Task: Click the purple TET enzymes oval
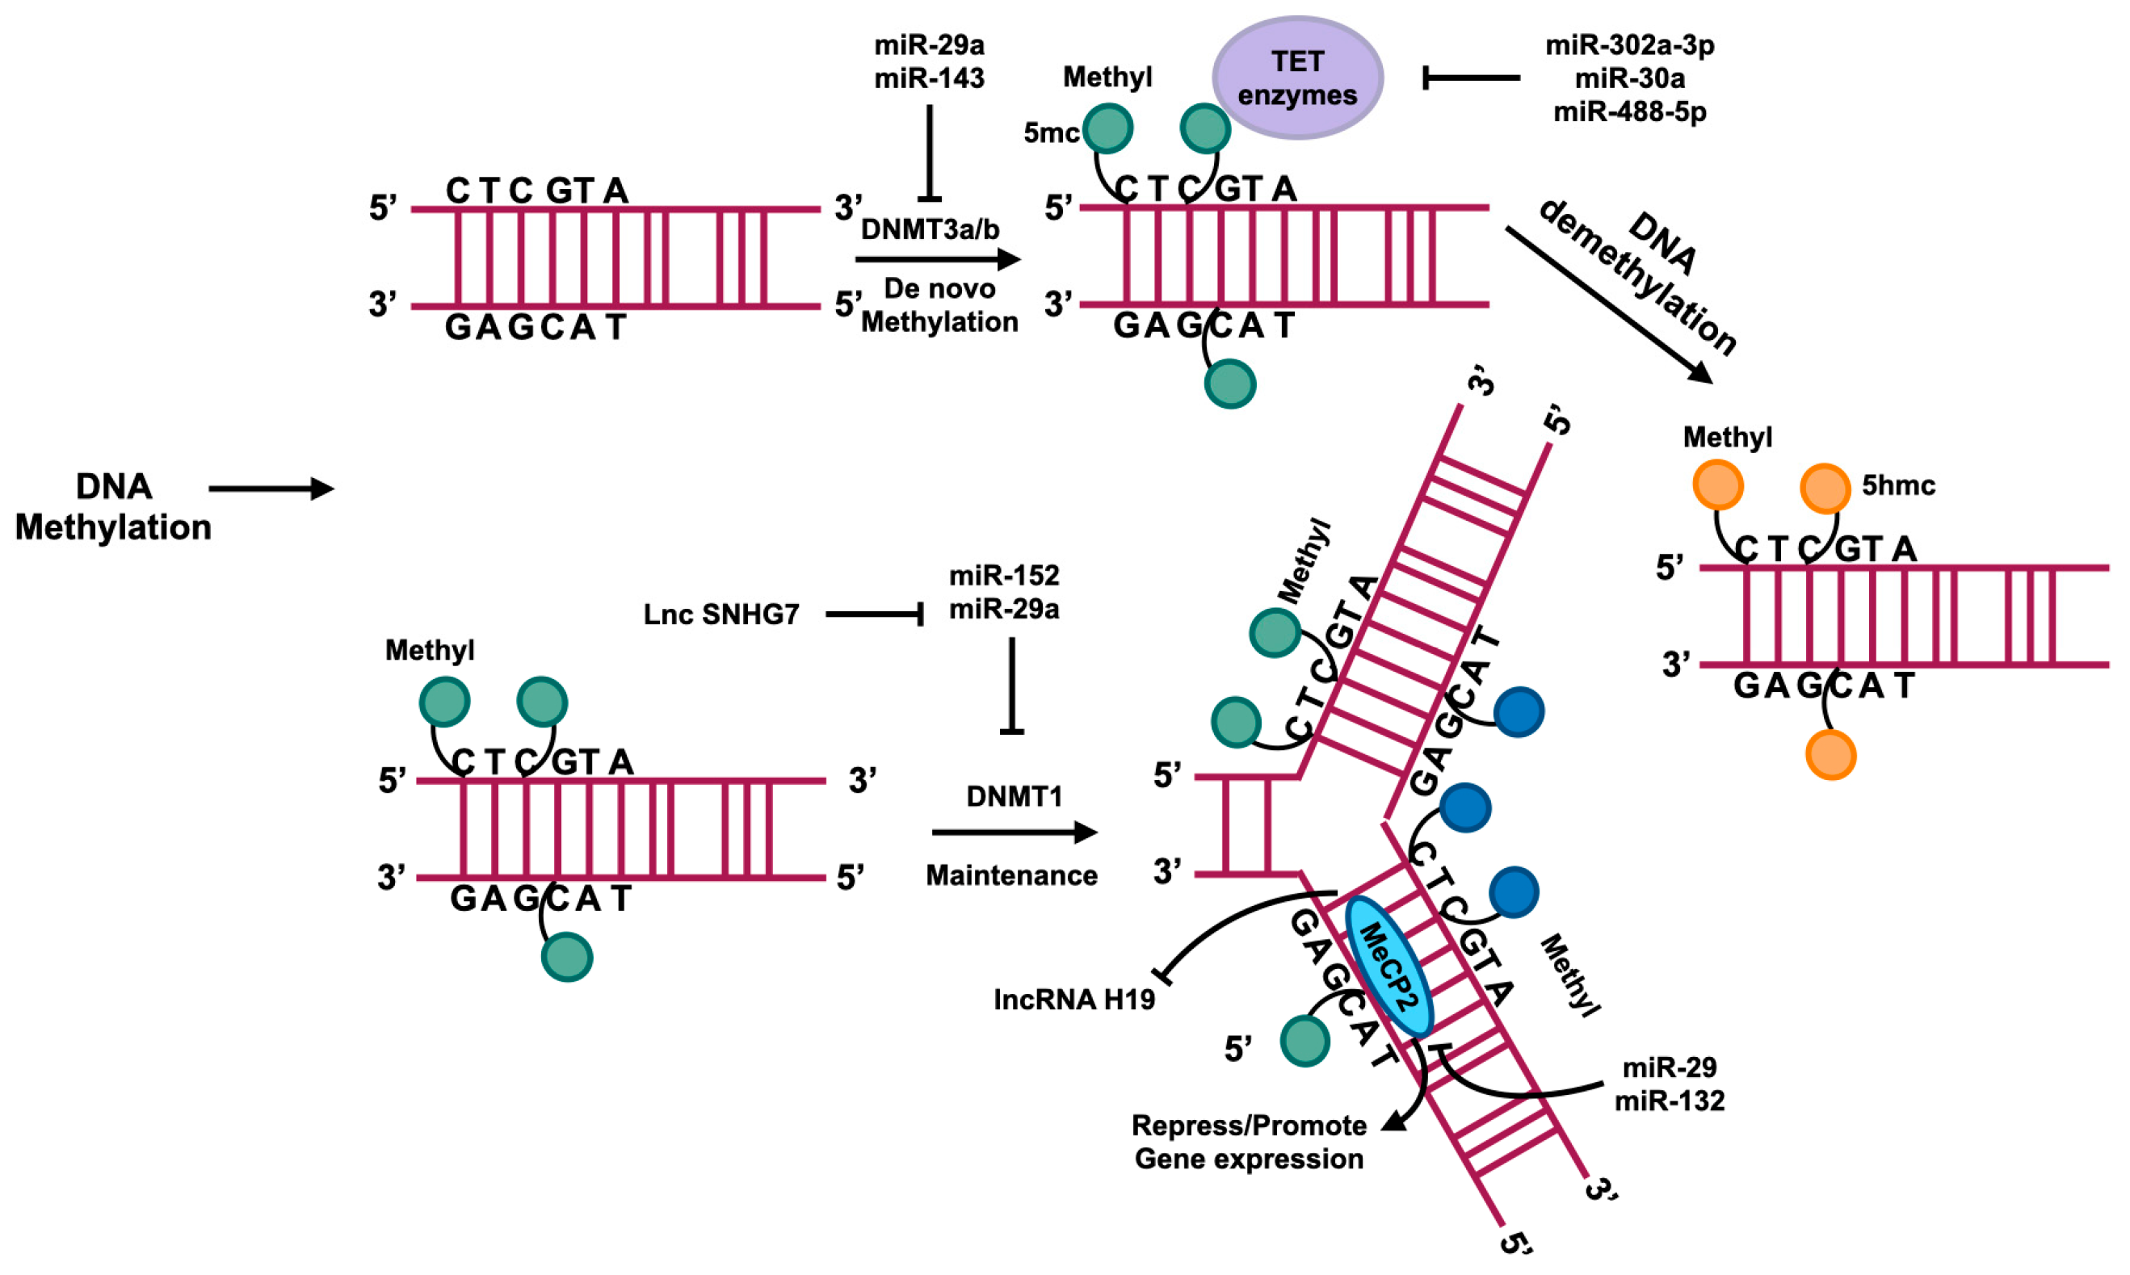click(x=1297, y=78)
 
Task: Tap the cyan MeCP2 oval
click(x=1388, y=967)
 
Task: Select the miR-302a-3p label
click(x=1629, y=44)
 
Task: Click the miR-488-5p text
click(x=1629, y=111)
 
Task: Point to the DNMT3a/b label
click(x=930, y=229)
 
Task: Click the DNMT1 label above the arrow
click(x=1014, y=796)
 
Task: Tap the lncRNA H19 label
click(x=1074, y=999)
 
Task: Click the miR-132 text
click(x=1669, y=1101)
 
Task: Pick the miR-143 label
click(x=929, y=78)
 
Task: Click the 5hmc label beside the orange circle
click(x=1898, y=485)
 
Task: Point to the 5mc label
click(x=1050, y=133)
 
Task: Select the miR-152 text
click(x=1003, y=575)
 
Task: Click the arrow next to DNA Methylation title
click(x=271, y=489)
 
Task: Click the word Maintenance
click(x=1011, y=875)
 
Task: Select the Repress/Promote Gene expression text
click(x=1249, y=1142)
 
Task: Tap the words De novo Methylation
click(x=939, y=305)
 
